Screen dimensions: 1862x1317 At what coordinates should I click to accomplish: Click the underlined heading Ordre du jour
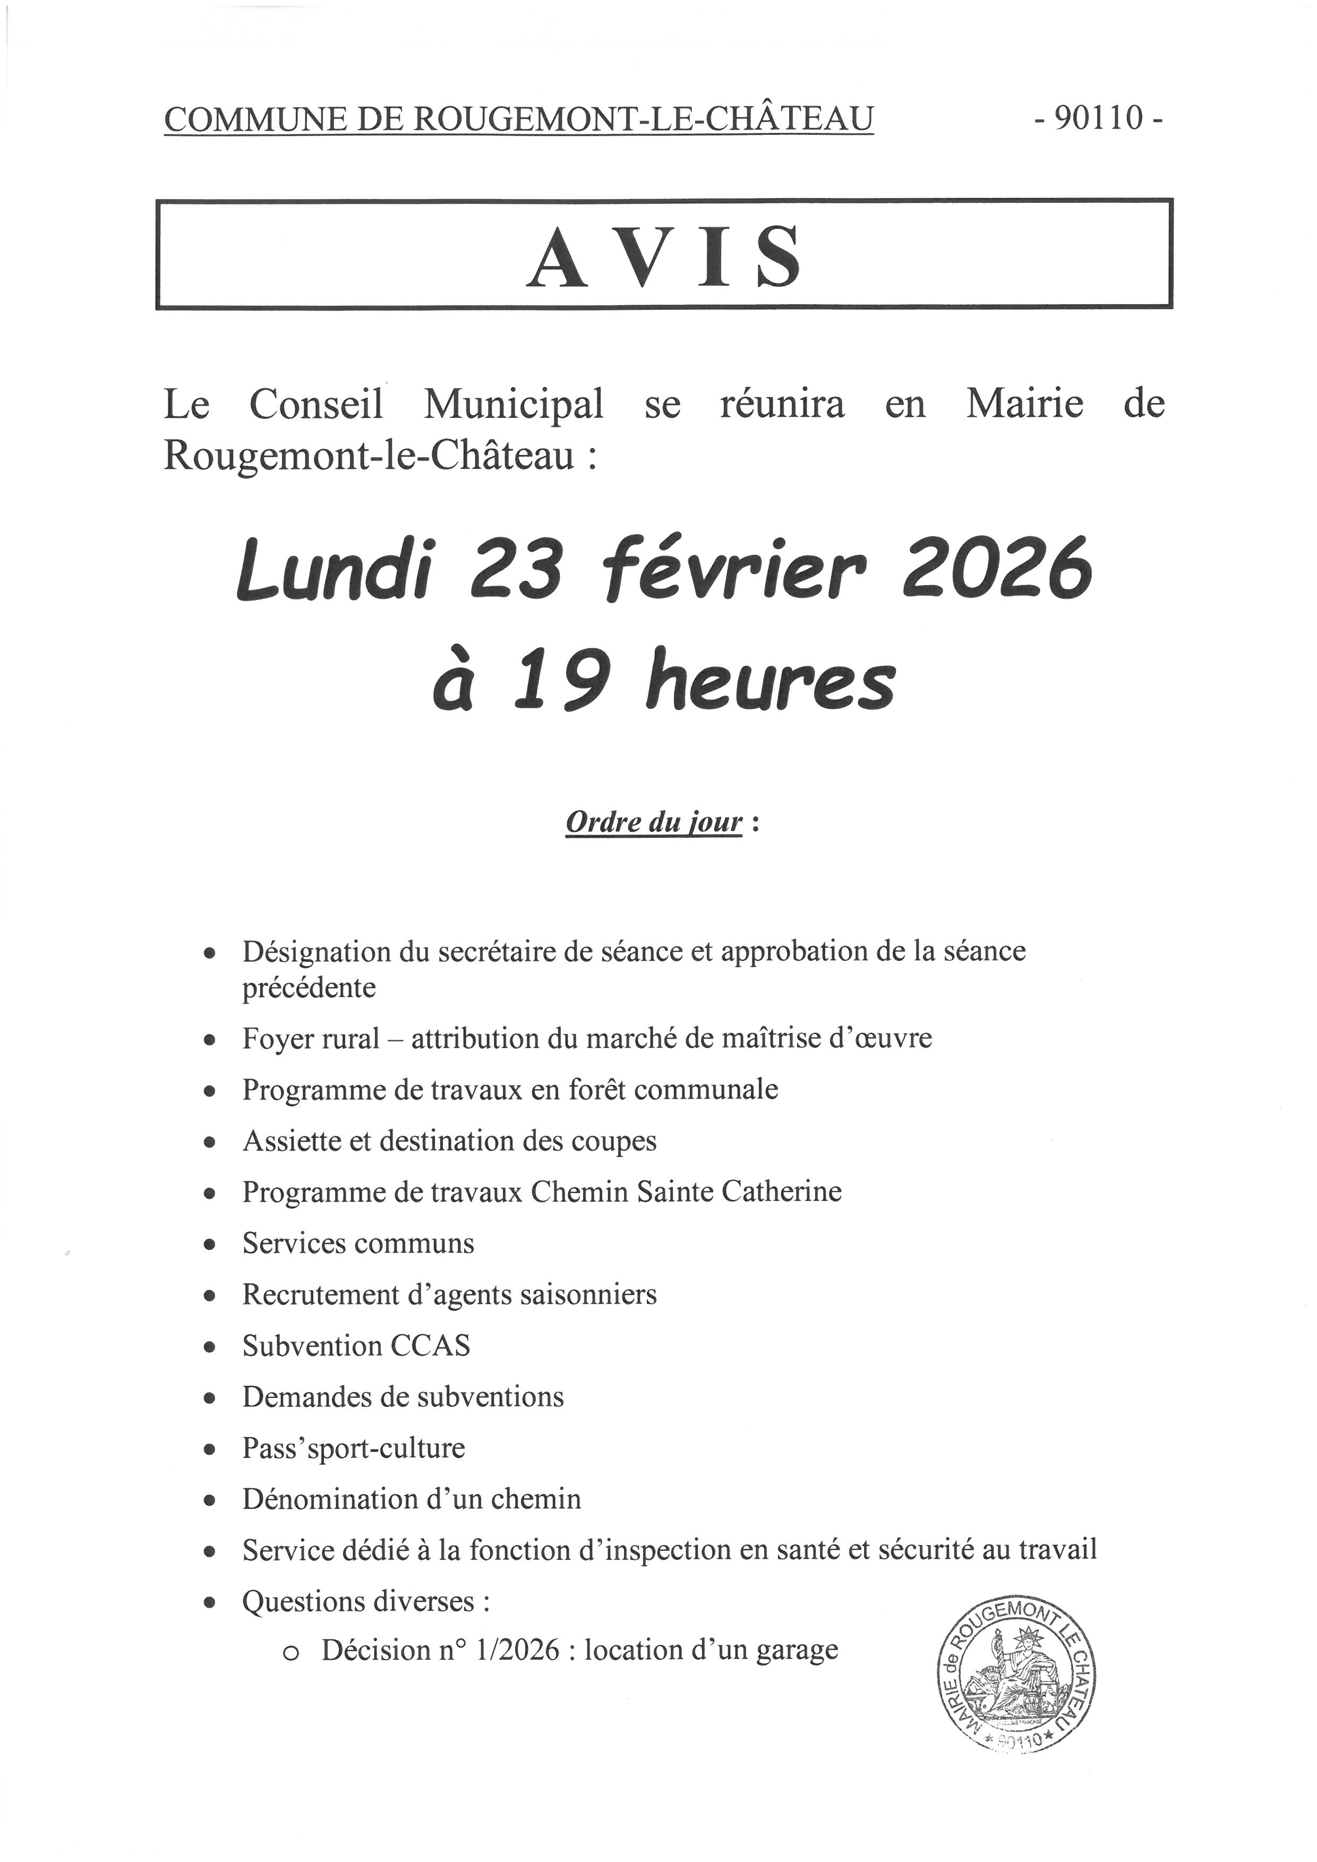[654, 822]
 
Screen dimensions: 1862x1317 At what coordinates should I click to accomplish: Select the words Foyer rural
[311, 1039]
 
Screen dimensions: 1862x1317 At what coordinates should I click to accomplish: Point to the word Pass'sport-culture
[354, 1448]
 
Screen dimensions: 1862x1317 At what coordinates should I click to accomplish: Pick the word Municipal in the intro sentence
[514, 404]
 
